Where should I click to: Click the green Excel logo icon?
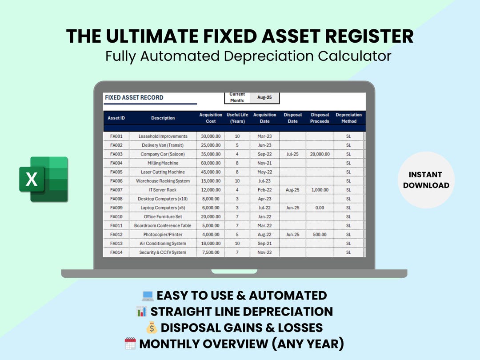44,179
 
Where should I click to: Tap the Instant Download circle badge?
426,180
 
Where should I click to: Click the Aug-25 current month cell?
264,97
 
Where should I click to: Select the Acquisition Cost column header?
211,118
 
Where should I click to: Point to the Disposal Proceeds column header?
320,118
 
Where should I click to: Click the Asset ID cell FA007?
116,190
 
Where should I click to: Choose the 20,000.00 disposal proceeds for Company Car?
320,154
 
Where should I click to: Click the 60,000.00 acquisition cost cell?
211,163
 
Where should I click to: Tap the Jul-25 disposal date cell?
292,154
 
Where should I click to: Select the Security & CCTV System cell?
163,252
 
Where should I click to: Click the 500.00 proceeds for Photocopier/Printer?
320,234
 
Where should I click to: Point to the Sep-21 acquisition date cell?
264,244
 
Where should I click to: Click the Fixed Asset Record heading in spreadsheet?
134,97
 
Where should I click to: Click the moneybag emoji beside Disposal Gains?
152,328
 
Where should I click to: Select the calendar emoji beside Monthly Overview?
131,344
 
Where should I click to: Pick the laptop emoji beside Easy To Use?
148,296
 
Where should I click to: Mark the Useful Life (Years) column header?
237,118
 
